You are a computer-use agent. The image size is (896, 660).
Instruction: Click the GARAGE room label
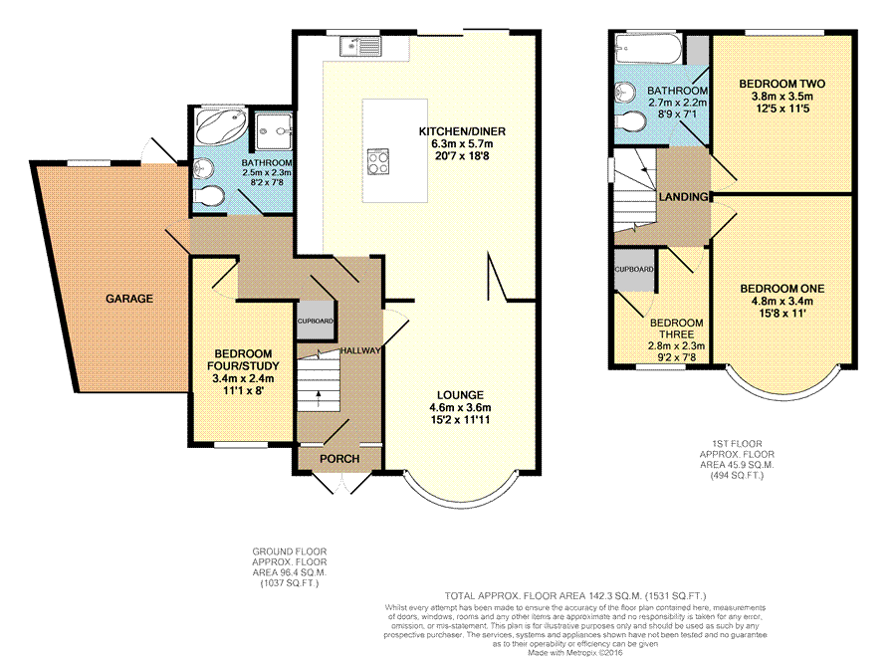(x=129, y=299)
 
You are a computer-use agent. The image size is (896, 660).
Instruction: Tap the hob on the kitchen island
(x=378, y=160)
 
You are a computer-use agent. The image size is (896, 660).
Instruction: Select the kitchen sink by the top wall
(x=360, y=46)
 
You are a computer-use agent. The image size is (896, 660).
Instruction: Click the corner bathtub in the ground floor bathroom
(x=221, y=125)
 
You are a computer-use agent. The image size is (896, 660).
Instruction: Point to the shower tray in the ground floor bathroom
(x=273, y=132)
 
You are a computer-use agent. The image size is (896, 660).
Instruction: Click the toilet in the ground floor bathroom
(x=209, y=196)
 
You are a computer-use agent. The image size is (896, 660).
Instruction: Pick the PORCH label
(x=339, y=459)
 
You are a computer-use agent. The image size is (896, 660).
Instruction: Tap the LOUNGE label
(x=460, y=395)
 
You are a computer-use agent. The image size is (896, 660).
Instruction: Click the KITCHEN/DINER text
(x=462, y=131)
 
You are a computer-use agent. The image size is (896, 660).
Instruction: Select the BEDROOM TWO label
(x=782, y=84)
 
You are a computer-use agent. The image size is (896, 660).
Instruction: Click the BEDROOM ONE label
(x=783, y=289)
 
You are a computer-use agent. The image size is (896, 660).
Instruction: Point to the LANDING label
(x=683, y=197)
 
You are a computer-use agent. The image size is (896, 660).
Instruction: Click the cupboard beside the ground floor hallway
(x=315, y=321)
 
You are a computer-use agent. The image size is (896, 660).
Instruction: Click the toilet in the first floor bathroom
(x=631, y=120)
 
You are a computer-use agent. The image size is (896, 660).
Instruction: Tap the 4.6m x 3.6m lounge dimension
(x=460, y=407)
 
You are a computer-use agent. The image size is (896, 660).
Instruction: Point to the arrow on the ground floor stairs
(x=319, y=399)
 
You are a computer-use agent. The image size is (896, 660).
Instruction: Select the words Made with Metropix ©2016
(x=574, y=652)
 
